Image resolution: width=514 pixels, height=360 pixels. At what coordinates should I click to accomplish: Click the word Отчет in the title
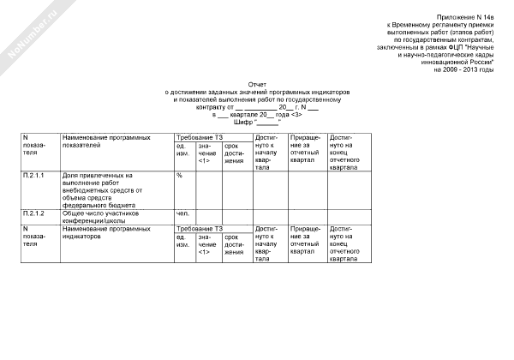click(257, 85)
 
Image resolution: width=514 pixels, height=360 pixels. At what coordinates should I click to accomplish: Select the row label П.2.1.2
click(34, 213)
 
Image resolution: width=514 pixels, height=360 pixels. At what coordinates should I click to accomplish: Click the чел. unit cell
click(182, 213)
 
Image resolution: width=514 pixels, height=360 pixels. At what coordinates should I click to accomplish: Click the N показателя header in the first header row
click(34, 146)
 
